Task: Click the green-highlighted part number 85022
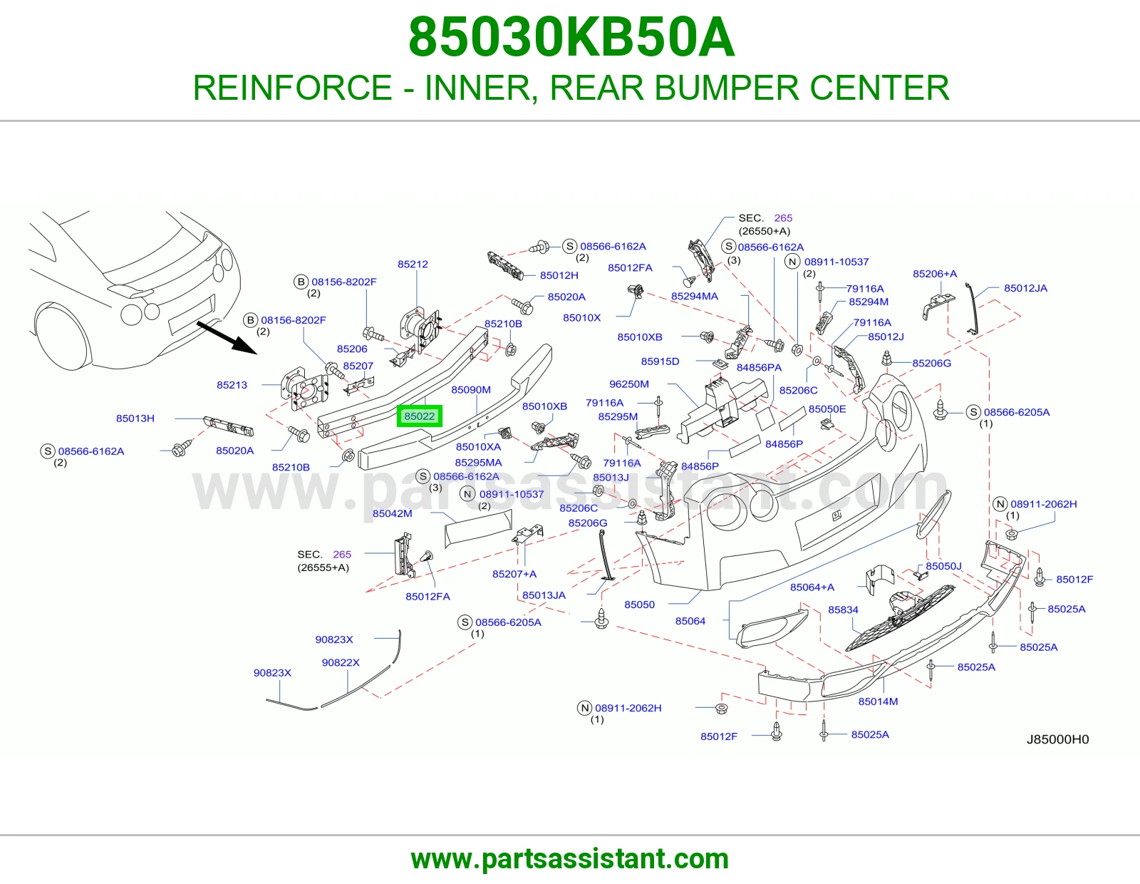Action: (x=419, y=416)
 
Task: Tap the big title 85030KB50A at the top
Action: (x=571, y=37)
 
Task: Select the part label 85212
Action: (x=413, y=264)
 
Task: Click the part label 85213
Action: (x=232, y=385)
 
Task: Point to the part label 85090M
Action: (x=471, y=389)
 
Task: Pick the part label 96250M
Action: (x=629, y=384)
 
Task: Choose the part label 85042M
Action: (x=393, y=513)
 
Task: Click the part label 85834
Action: (x=843, y=610)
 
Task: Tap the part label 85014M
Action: (x=879, y=701)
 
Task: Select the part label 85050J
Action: (x=944, y=566)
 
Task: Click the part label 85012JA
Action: (x=1025, y=288)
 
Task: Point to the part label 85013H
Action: (x=135, y=418)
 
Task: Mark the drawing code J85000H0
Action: (x=1057, y=739)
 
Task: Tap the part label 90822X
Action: (x=341, y=662)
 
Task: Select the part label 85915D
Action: (x=660, y=361)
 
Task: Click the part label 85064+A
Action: (x=812, y=587)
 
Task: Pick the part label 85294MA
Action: (x=695, y=296)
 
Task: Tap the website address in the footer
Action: (x=570, y=859)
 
